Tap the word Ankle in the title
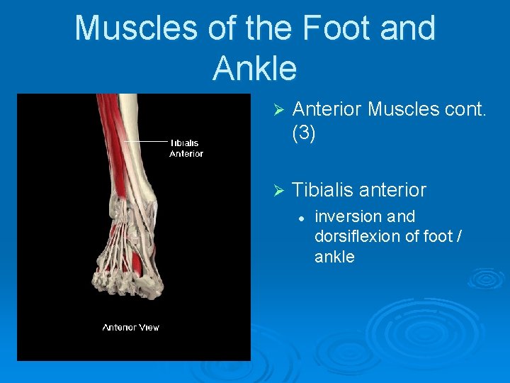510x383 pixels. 254,68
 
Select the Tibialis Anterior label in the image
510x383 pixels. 186,148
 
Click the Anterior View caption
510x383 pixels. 130,327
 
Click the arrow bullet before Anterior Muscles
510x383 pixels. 278,110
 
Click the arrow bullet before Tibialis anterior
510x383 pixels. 278,191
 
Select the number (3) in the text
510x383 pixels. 304,133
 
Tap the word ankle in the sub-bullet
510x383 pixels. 334,257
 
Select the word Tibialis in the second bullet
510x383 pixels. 323,190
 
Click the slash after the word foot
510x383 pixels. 459,236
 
